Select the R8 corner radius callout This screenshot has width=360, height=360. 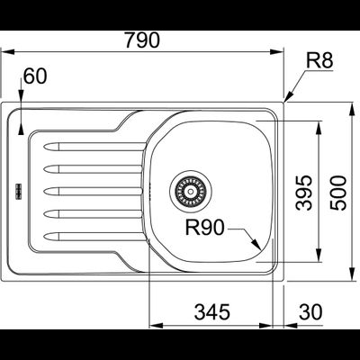click(x=319, y=61)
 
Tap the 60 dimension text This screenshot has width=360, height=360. click(x=33, y=77)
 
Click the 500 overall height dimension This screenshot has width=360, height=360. click(x=337, y=191)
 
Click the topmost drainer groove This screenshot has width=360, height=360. click(x=90, y=144)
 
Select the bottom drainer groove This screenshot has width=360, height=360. click(x=90, y=237)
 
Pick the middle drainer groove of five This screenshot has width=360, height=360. click(x=90, y=191)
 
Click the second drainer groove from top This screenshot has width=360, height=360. click(x=90, y=167)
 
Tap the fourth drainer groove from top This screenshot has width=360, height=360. click(x=90, y=214)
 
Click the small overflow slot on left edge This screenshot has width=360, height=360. click(x=15, y=190)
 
